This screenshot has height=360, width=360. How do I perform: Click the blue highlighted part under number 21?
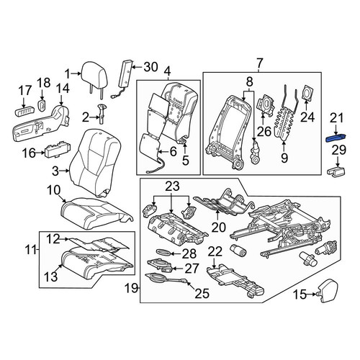pyautogui.click(x=336, y=138)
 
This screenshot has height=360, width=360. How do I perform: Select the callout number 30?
pyautogui.click(x=150, y=67)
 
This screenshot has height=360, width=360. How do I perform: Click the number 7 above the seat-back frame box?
pyautogui.click(x=260, y=63)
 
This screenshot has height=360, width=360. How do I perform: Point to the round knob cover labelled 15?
pyautogui.click(x=328, y=290)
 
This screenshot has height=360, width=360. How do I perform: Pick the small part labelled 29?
pyautogui.click(x=336, y=173)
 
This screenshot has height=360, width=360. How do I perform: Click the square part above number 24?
pyautogui.click(x=307, y=92)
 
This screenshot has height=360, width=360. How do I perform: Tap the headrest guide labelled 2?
pyautogui.click(x=102, y=114)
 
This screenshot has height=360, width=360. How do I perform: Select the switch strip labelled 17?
pyautogui.click(x=24, y=112)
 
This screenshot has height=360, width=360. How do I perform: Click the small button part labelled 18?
pyautogui.click(x=42, y=105)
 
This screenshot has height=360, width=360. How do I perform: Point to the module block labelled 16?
pyautogui.click(x=58, y=149)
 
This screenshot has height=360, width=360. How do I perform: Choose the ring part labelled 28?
pyautogui.click(x=164, y=252)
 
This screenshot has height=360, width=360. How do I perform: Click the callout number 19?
pyautogui.click(x=132, y=288)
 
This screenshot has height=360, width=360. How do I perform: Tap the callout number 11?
pyautogui.click(x=31, y=251)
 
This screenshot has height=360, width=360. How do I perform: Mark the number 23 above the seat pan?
pyautogui.click(x=171, y=186)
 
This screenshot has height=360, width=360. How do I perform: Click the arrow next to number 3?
pyautogui.click(x=64, y=171)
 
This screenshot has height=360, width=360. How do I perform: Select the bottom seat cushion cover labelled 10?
pyautogui.click(x=96, y=210)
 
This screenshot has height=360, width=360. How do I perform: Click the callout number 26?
pyautogui.click(x=264, y=131)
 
